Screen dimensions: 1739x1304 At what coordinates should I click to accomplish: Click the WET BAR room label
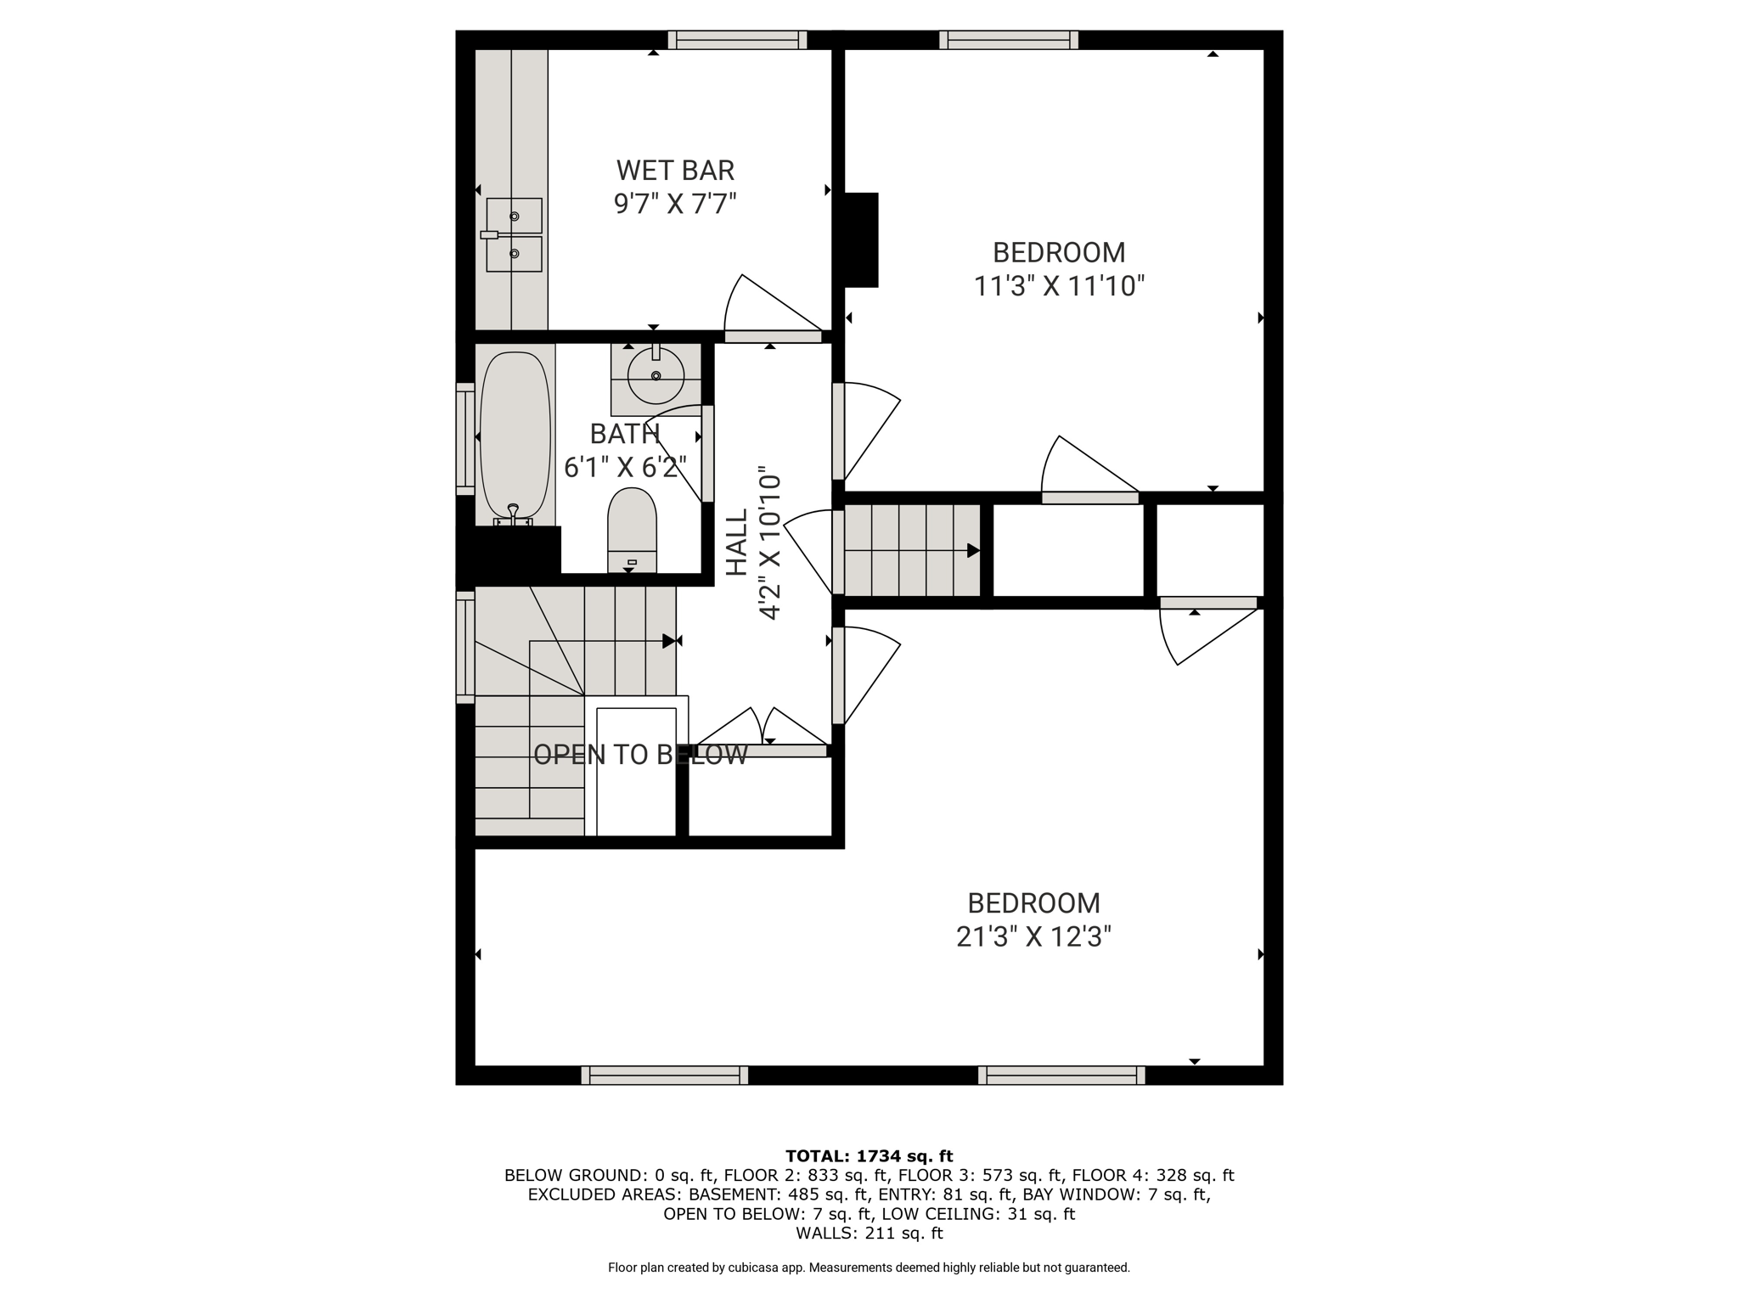pyautogui.click(x=675, y=171)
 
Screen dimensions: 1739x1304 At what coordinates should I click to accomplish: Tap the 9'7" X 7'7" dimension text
pyautogui.click(x=675, y=204)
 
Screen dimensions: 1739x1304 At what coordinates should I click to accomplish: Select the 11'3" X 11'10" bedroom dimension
pyautogui.click(x=1059, y=286)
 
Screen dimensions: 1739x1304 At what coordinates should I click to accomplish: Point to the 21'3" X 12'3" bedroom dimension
pyautogui.click(x=1033, y=936)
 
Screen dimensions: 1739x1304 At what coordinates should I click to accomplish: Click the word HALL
pyautogui.click(x=736, y=542)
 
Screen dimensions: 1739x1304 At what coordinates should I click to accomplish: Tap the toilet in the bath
pyautogui.click(x=632, y=530)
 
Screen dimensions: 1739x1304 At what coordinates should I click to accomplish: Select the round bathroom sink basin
pyautogui.click(x=656, y=375)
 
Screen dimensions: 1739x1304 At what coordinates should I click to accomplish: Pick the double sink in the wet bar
pyautogui.click(x=514, y=235)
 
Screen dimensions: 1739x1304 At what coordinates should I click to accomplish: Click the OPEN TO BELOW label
pyautogui.click(x=640, y=755)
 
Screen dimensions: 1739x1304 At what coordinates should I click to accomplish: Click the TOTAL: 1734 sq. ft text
pyautogui.click(x=869, y=1155)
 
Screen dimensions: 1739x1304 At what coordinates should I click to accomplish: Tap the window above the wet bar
pyautogui.click(x=737, y=40)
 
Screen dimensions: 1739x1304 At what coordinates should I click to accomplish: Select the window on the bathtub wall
pyautogui.click(x=465, y=439)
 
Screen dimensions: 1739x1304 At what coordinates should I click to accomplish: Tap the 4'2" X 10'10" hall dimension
pyautogui.click(x=769, y=542)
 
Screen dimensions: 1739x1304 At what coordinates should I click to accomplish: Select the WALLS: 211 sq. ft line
pyautogui.click(x=869, y=1233)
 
